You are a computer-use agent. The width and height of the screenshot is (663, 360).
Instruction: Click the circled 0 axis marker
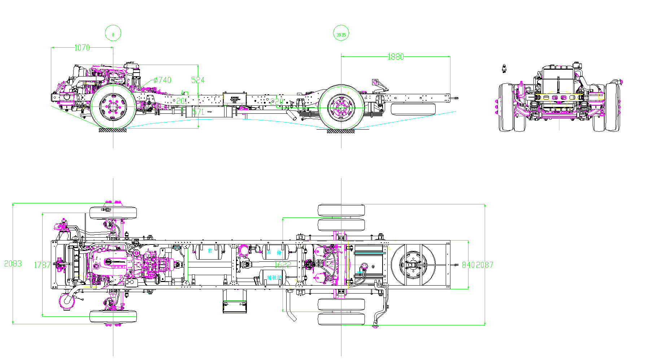(x=113, y=34)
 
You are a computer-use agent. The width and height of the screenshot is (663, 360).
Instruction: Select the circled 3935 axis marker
(x=341, y=35)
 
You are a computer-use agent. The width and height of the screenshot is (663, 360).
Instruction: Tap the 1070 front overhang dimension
(x=82, y=48)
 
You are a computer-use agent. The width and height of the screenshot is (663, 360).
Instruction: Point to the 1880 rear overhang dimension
(x=396, y=57)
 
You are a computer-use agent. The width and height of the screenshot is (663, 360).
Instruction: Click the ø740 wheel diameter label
(x=162, y=80)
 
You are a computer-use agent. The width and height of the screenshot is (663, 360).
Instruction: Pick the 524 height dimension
(x=198, y=80)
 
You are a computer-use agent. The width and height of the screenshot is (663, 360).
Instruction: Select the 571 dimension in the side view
(x=198, y=112)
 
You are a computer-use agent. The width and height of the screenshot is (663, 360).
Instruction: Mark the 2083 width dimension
(x=13, y=264)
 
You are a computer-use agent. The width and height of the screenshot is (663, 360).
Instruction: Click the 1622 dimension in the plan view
(x=283, y=265)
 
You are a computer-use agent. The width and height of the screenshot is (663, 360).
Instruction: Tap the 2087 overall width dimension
(x=485, y=265)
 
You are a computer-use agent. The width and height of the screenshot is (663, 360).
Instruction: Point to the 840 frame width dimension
(x=468, y=265)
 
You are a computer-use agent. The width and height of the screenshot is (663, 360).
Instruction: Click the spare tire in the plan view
(x=413, y=265)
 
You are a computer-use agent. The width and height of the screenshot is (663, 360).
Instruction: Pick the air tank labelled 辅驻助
(x=274, y=277)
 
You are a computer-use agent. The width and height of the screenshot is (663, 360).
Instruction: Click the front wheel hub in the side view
(x=113, y=107)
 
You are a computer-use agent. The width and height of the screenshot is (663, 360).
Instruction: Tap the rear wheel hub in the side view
(x=341, y=107)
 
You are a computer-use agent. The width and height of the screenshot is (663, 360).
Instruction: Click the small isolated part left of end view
(x=504, y=68)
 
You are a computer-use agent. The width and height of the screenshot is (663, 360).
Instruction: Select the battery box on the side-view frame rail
(x=235, y=99)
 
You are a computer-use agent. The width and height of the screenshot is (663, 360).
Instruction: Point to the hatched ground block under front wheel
(x=113, y=130)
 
